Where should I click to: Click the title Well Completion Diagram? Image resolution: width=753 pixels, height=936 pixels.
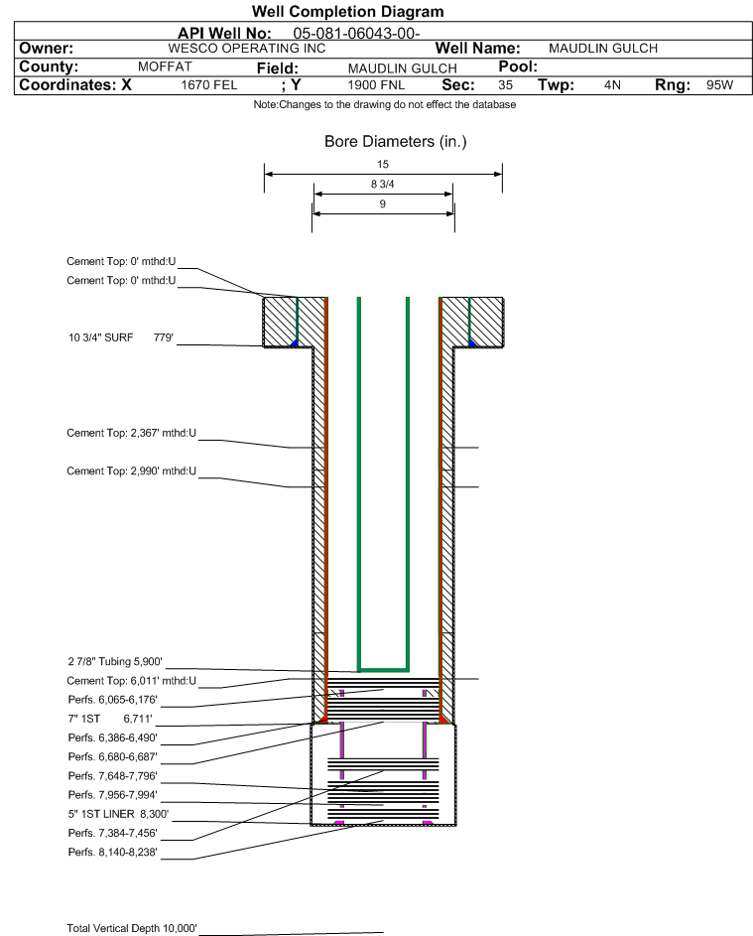347,12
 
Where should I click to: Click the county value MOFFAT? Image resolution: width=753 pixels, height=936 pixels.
165,67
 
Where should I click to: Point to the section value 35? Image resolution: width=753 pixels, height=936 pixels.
505,85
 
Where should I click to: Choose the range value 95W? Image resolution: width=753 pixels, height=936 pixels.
719,85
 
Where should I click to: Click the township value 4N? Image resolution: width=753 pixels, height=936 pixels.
612,85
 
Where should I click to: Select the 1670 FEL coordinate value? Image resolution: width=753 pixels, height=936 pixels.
209,85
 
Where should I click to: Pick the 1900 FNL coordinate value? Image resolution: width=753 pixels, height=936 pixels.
378,85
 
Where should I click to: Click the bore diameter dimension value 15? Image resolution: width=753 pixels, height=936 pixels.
383,164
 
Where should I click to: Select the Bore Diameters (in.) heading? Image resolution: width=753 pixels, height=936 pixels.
395,142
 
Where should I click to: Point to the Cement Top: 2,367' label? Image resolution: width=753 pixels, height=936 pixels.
132,433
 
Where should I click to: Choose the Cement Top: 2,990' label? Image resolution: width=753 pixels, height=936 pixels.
132,469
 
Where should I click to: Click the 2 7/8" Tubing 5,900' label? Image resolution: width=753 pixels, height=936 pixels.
114,662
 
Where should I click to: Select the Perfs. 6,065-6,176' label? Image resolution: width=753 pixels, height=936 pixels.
112,700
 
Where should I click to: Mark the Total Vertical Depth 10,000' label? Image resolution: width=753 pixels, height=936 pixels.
132,928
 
